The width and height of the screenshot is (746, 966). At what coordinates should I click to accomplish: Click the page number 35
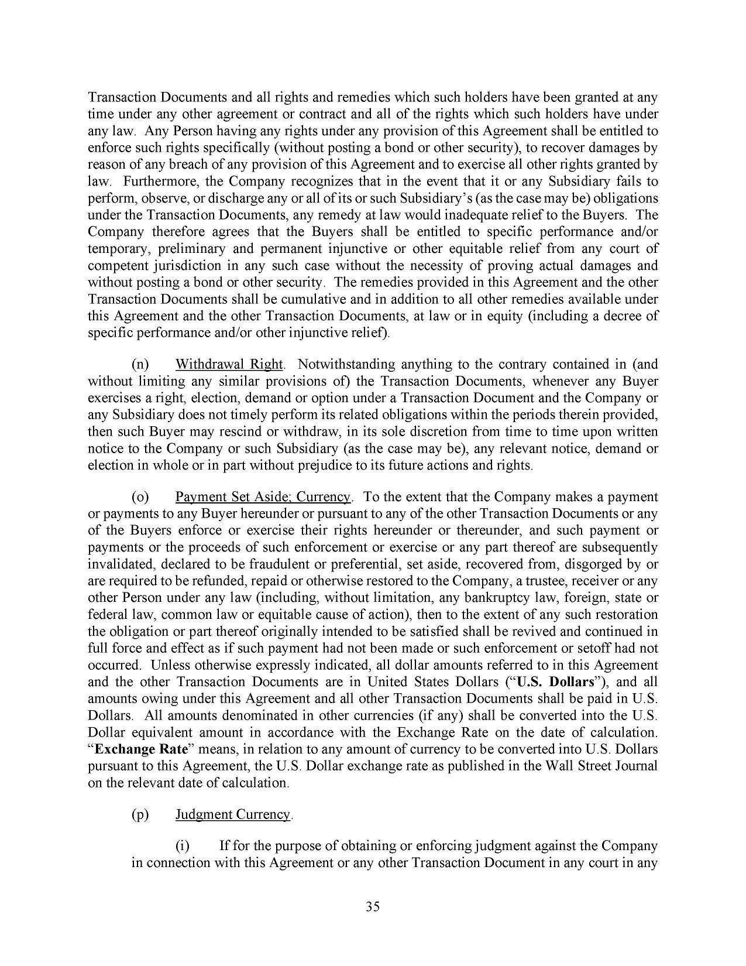373,907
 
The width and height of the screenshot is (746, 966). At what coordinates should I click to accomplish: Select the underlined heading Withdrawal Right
229,365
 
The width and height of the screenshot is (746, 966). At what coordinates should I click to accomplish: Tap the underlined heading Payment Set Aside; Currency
263,497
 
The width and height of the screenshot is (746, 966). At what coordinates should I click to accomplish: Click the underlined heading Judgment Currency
233,814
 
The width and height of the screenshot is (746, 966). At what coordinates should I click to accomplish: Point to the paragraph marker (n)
140,365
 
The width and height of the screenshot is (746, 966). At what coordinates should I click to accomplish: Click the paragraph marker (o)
140,497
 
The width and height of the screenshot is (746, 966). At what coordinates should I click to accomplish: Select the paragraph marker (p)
140,814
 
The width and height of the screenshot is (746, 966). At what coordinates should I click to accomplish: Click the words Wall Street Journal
606,766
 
